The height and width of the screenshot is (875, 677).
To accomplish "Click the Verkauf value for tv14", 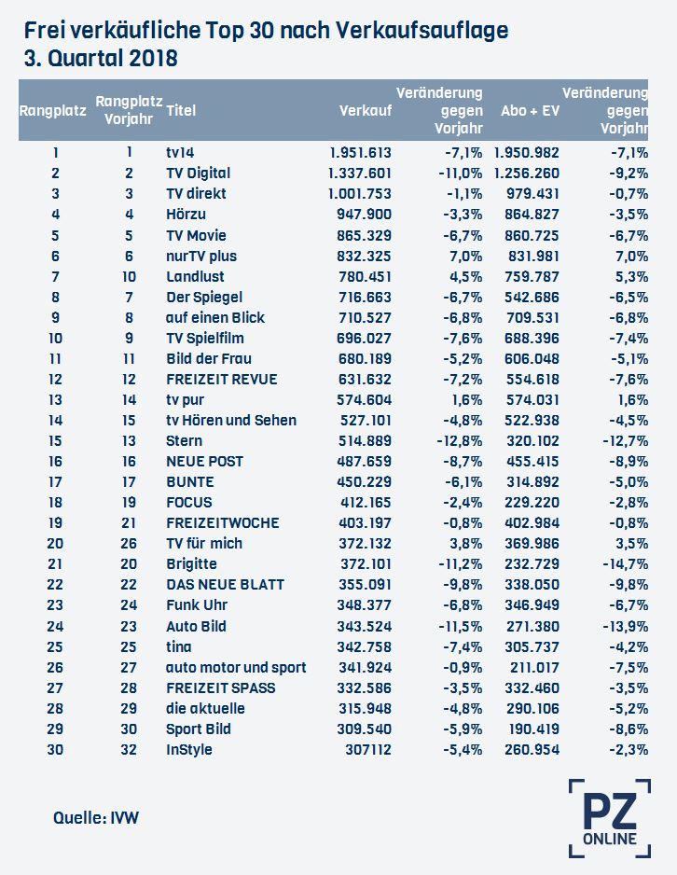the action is point(361,152).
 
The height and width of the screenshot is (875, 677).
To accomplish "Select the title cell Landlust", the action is point(195,276).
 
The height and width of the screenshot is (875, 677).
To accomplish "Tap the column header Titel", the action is point(181,110).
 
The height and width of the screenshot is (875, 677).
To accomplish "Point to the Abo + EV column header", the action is point(530,110).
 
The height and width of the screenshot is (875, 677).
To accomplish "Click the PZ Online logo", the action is point(610,818).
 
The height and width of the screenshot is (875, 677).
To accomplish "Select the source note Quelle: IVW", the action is point(96,818).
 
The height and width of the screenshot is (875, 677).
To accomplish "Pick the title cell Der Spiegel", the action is point(204,297).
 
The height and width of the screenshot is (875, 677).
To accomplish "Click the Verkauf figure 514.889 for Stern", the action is point(365,441).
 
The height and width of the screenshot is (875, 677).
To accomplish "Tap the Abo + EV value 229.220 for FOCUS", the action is point(532,502).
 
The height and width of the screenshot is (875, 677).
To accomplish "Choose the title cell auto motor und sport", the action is point(236,667).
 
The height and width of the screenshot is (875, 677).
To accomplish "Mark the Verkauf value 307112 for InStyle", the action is point(368,749).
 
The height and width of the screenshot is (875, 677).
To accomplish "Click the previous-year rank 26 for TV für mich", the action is point(129,544).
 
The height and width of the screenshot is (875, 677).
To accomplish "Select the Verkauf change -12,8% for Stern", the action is point(460,441).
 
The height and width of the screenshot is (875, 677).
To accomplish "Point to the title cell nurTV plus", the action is point(201,257).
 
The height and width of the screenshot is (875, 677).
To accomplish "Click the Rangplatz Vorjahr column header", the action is point(129,110).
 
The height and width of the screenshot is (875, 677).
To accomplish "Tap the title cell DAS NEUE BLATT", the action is point(226,584).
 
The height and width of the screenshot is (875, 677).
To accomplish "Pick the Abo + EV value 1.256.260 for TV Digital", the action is point(527,173).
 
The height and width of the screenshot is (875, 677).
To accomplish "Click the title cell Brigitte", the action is point(191,564).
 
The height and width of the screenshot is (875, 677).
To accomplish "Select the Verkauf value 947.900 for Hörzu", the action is point(365,215).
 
